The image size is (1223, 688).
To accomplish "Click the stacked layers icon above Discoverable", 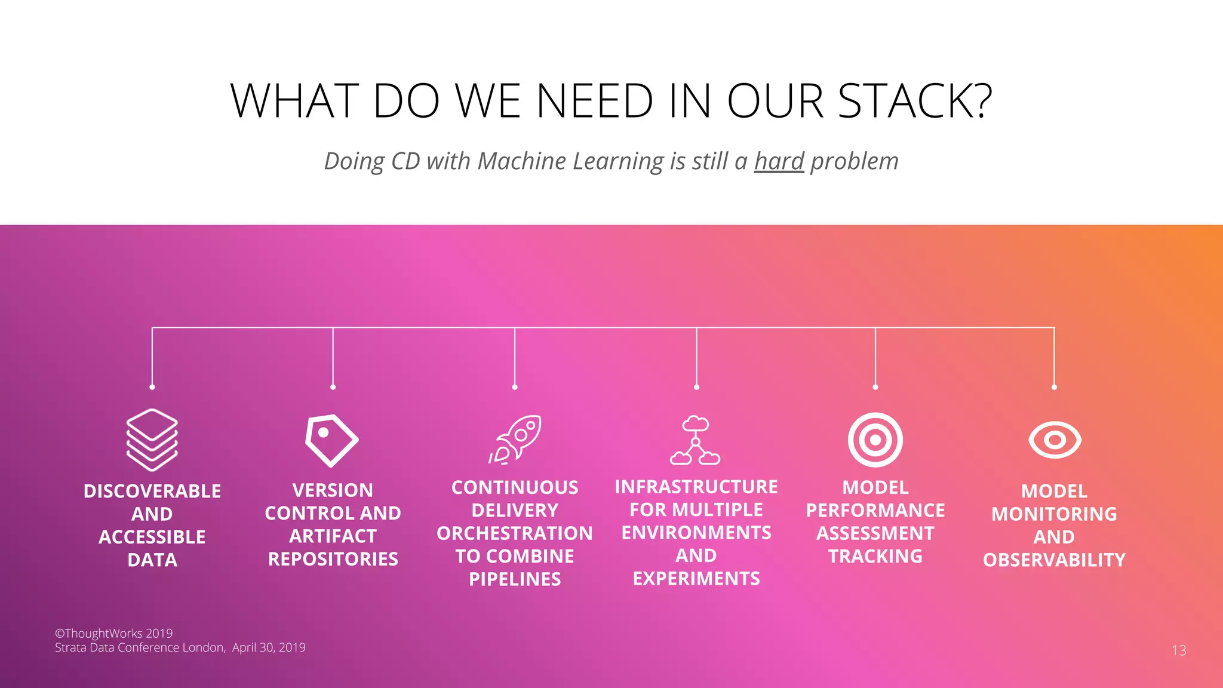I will (152, 440).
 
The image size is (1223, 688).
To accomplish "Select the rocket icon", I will (516, 440).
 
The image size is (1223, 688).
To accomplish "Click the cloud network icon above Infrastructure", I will (695, 441).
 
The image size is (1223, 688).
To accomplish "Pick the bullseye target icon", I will (875, 440).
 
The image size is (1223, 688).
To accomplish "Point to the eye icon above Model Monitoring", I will (1055, 440).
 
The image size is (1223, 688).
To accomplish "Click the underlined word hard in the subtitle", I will (779, 161).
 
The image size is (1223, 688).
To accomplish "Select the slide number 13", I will (1179, 650).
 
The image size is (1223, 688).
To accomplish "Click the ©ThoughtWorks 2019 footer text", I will (114, 633).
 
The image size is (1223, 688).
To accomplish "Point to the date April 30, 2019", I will (269, 647).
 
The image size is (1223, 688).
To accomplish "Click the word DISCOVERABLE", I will (152, 491).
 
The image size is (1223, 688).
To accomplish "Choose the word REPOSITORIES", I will (333, 559).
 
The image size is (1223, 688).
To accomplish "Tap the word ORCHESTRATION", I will (515, 533).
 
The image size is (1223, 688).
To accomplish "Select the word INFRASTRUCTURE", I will (696, 487).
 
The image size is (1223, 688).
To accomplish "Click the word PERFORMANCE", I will (875, 511).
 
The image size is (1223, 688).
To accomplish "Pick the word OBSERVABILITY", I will (1054, 560).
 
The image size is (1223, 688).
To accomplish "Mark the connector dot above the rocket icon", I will (515, 387).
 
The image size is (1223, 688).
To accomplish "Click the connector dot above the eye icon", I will (1054, 387).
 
